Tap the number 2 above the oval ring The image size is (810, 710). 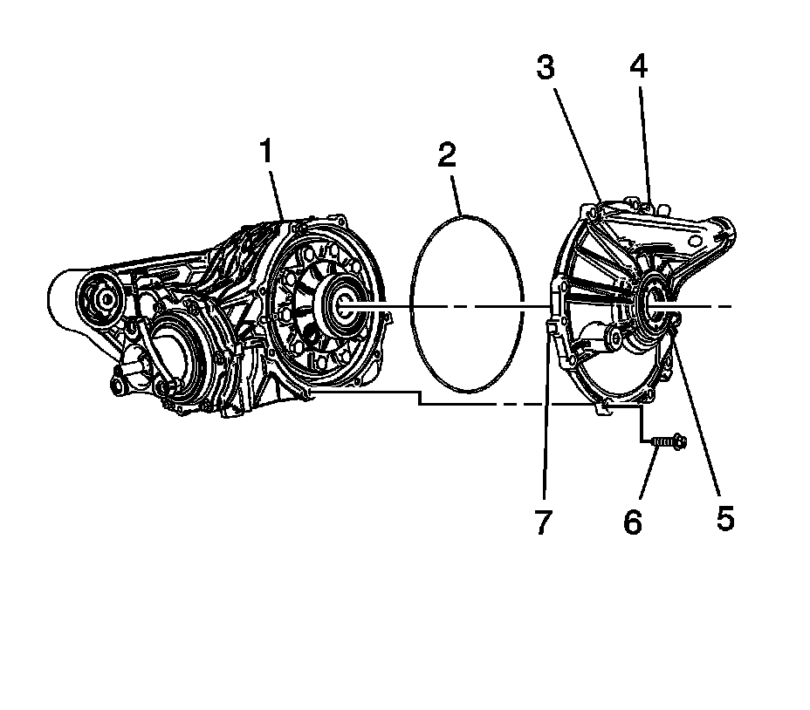[x=447, y=157]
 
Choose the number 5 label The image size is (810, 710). [x=725, y=518]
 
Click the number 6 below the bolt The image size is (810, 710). [x=632, y=522]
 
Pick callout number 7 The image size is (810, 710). [x=543, y=522]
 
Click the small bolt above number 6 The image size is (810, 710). [x=669, y=444]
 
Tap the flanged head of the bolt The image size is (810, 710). [x=681, y=444]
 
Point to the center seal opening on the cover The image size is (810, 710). [x=654, y=304]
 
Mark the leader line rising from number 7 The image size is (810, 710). [x=546, y=419]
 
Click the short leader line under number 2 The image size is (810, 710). [x=455, y=194]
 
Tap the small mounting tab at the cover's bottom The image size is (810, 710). [x=601, y=407]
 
